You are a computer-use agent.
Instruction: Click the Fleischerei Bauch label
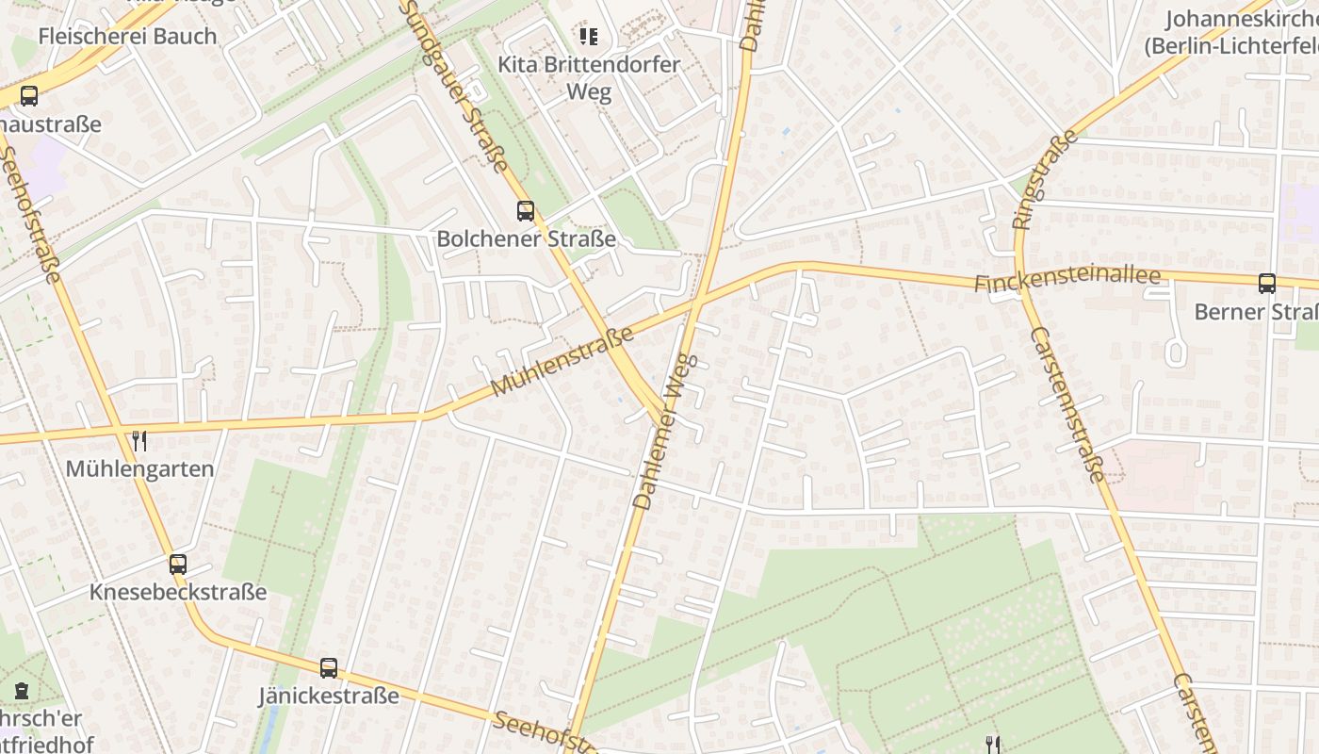coord(127,37)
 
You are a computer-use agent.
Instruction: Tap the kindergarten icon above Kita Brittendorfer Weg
coord(589,37)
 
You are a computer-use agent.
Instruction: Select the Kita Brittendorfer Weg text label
coord(589,78)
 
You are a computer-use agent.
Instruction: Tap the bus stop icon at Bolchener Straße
coord(526,211)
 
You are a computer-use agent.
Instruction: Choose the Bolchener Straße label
coord(526,239)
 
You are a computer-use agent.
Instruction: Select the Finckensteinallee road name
coord(1067,280)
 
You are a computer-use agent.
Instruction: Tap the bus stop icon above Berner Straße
coord(1267,283)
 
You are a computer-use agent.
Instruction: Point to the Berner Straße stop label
coord(1256,312)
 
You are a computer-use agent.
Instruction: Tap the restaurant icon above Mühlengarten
coord(139,439)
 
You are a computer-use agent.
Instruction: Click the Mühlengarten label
coord(139,468)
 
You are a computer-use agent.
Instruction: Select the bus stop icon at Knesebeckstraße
coord(178,564)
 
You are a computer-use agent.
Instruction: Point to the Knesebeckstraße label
coord(178,593)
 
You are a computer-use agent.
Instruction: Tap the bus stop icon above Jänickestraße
coord(329,667)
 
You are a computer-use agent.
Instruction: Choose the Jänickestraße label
coord(329,697)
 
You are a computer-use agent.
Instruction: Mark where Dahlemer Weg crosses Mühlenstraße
coord(697,303)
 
